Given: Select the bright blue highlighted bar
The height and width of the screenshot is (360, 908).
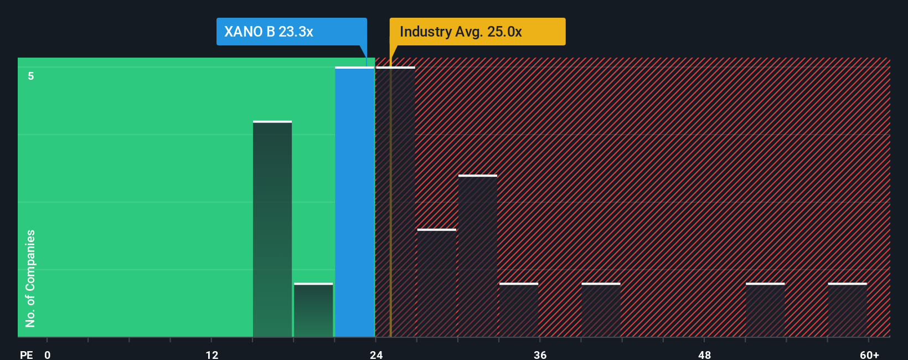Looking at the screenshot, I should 354,202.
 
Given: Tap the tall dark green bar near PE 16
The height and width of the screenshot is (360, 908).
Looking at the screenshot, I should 272,229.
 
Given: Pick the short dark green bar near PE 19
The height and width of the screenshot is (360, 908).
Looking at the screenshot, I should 313,310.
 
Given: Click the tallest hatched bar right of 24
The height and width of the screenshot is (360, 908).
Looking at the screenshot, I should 395,202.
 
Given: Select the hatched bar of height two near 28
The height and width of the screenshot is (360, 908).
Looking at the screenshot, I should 437,283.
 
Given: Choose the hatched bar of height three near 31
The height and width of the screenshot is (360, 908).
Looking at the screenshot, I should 478,256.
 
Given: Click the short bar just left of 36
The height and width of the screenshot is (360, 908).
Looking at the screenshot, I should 519,310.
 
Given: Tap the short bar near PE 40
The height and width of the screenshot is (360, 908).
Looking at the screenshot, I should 601,310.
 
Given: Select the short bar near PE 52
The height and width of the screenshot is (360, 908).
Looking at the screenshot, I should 765,310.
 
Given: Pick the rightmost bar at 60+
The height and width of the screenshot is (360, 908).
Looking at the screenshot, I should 847,310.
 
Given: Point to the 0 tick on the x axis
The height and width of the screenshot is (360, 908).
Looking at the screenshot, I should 48,354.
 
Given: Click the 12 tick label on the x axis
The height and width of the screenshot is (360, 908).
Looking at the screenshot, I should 211,354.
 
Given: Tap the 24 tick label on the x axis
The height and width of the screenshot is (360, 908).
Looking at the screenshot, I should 376,354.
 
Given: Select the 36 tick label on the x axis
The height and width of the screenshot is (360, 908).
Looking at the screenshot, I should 540,354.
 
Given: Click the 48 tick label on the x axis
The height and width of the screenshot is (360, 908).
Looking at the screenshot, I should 704,354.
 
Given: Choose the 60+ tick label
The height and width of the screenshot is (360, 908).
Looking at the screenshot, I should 869,354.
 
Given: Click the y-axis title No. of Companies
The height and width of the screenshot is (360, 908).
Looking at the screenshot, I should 30,278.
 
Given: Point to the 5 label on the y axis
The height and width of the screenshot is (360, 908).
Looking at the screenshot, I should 31,76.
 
